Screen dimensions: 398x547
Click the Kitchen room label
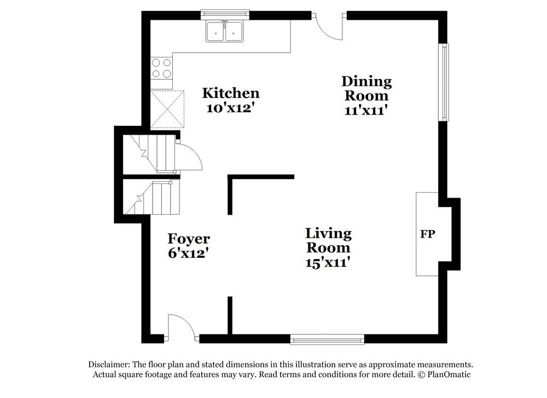(230, 93)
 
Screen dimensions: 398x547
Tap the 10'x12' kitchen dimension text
(230, 108)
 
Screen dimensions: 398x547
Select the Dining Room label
(366, 88)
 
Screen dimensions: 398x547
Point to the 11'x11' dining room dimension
(366, 110)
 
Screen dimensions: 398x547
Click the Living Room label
(328, 240)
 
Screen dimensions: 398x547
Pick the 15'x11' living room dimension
(328, 262)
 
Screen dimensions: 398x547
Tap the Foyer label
(188, 239)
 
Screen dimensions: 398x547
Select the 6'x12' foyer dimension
(188, 253)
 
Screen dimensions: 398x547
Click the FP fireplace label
(427, 234)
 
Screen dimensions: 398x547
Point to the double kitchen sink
(225, 31)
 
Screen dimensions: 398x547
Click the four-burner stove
(161, 68)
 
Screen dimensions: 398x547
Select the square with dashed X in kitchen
(168, 109)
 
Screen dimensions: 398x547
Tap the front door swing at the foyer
(181, 327)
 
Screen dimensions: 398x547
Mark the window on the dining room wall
(444, 82)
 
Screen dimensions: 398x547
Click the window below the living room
(327, 340)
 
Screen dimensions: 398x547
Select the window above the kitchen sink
(225, 13)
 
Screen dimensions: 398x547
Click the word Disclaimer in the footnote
(107, 365)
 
